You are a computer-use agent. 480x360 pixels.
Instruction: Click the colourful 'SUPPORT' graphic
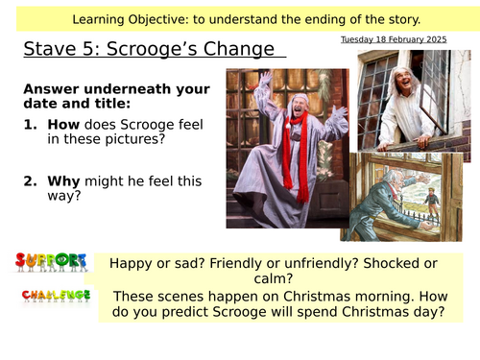pyautogui.click(x=52, y=261)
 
